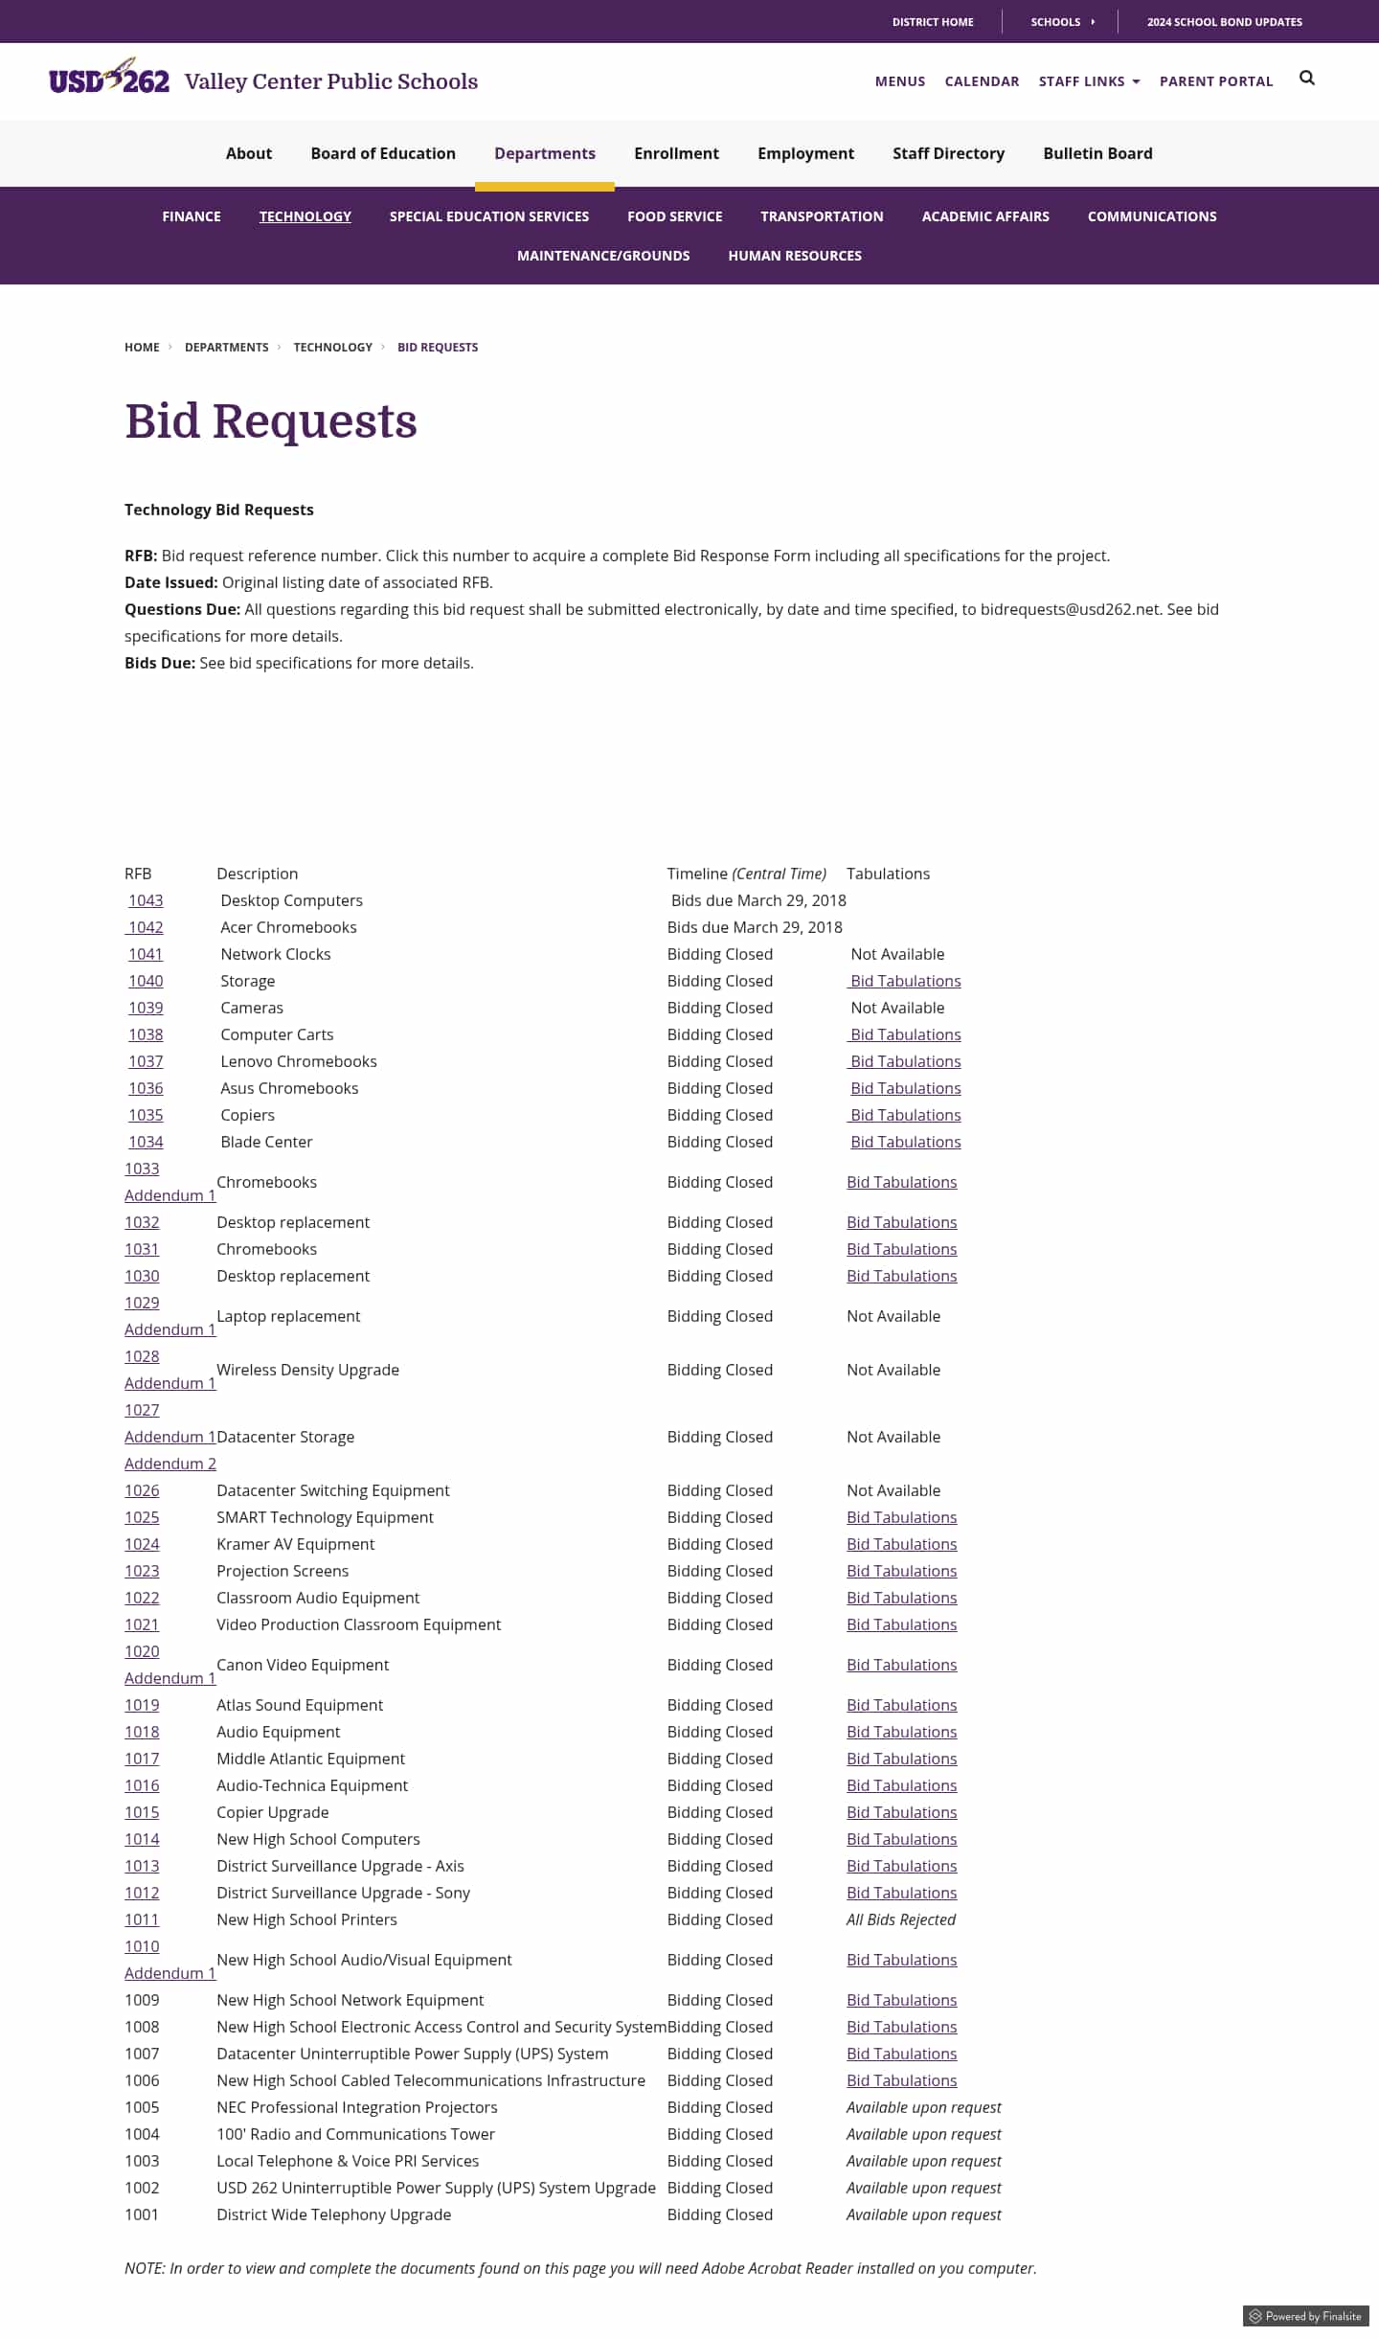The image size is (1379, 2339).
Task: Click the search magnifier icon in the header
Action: (x=1306, y=79)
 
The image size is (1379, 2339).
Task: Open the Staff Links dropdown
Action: (x=1089, y=81)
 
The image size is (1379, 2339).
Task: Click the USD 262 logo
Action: (x=109, y=78)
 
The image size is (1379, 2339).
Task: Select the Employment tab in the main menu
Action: (x=805, y=153)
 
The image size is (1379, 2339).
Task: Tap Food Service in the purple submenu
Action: (x=674, y=216)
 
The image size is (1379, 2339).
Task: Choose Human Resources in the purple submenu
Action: (x=794, y=256)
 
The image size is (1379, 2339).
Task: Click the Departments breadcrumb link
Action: (x=226, y=347)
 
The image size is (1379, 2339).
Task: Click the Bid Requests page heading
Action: (x=271, y=421)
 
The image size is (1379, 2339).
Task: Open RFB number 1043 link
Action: (x=146, y=900)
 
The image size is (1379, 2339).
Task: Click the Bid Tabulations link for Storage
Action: (x=905, y=981)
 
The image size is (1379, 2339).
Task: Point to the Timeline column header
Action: (x=746, y=874)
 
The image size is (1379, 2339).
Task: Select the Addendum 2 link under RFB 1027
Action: (x=170, y=1464)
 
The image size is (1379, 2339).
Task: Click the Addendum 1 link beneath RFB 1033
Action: (x=170, y=1195)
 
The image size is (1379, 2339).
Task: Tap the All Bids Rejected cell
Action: (x=900, y=1919)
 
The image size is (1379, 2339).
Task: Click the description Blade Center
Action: (x=266, y=1142)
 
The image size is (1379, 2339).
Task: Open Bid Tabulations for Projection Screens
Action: (x=901, y=1571)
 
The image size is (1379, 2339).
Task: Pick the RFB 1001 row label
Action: (x=142, y=2214)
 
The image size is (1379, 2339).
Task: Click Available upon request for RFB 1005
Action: (x=923, y=2107)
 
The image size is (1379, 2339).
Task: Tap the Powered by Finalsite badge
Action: (x=1305, y=2316)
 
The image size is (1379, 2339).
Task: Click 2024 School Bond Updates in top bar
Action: (x=1224, y=22)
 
